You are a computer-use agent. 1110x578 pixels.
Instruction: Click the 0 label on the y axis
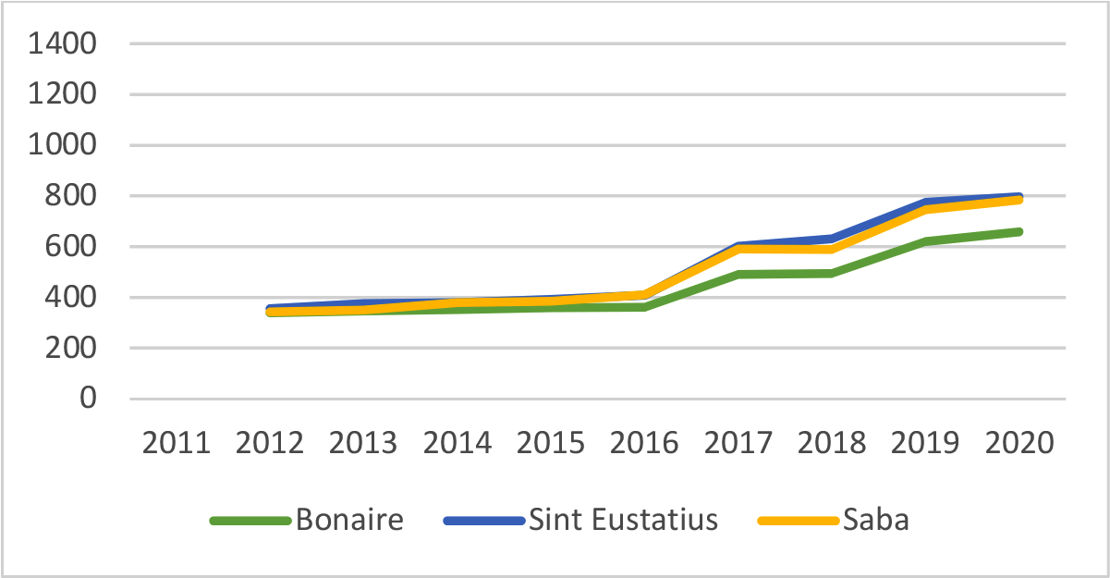[x=89, y=399]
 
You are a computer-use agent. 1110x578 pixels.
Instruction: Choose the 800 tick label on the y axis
[x=72, y=196]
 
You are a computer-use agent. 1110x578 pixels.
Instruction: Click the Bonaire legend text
[x=349, y=520]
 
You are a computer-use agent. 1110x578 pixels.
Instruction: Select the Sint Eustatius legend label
[x=623, y=520]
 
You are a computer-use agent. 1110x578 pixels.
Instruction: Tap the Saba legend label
[x=875, y=520]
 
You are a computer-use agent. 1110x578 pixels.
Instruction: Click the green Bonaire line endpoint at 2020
[x=1019, y=231]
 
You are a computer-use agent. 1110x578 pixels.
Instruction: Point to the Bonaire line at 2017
[x=738, y=275]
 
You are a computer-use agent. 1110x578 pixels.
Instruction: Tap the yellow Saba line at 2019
[x=926, y=209]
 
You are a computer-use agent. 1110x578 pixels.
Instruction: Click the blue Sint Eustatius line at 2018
[x=832, y=239]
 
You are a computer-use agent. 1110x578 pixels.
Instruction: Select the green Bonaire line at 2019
[x=926, y=241]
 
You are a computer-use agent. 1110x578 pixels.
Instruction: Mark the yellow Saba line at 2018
[x=832, y=249]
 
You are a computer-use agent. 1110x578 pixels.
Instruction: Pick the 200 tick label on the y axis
[x=72, y=349]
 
